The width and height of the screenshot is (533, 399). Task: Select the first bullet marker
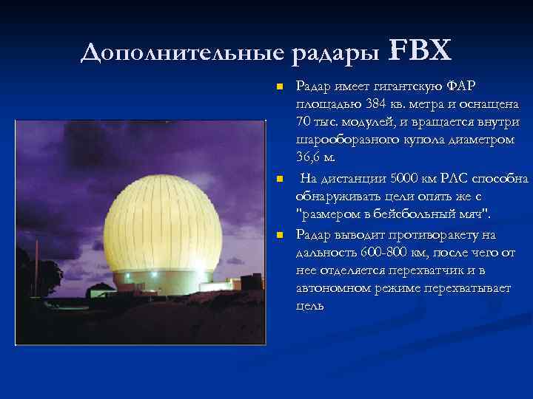tap(279, 87)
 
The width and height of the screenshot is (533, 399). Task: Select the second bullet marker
tap(279, 180)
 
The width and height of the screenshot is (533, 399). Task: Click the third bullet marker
tap(279, 235)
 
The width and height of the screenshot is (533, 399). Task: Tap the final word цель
tap(309, 306)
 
